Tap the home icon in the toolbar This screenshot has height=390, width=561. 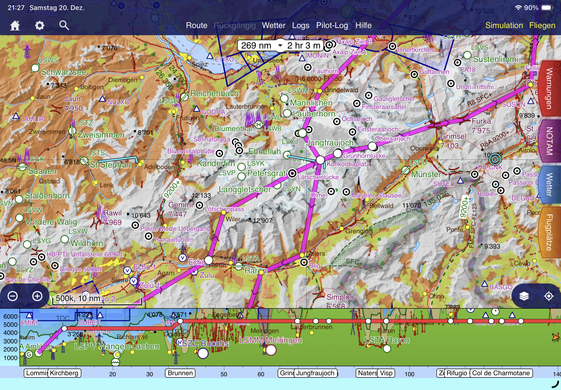click(15, 26)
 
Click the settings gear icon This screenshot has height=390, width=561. click(39, 25)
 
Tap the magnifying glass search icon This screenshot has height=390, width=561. click(64, 25)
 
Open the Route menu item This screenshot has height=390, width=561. click(196, 25)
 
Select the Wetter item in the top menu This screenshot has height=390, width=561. click(273, 25)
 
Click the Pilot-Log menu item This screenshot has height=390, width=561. click(332, 25)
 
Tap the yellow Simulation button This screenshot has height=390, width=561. click(504, 25)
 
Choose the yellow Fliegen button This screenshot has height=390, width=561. click(542, 25)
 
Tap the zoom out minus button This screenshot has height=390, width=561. click(13, 296)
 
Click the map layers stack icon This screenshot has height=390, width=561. click(524, 296)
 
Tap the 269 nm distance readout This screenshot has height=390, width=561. click(256, 46)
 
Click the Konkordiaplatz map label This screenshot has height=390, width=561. click(348, 164)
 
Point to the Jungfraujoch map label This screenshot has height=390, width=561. click(330, 143)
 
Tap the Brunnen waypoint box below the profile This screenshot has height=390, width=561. click(180, 373)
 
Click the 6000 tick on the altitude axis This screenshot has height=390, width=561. click(11, 317)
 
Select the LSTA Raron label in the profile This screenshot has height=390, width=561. click(387, 340)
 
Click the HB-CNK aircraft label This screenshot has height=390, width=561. click(490, 167)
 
